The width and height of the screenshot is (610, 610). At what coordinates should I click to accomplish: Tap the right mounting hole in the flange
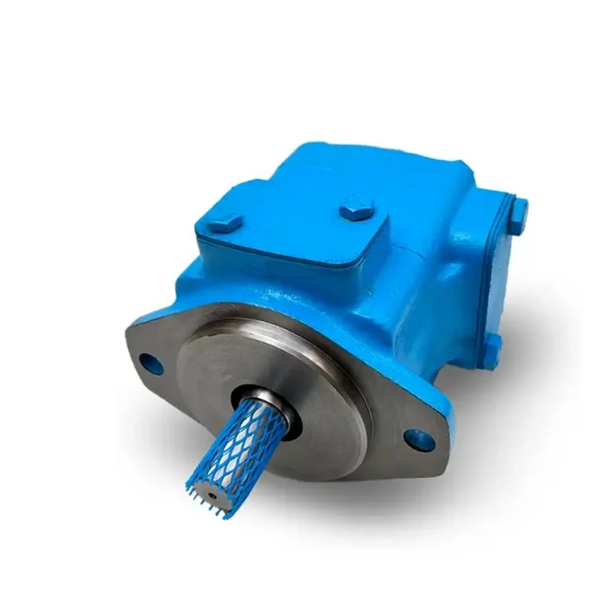[x=420, y=438]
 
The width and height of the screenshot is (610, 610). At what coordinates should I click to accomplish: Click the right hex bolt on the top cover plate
[x=357, y=208]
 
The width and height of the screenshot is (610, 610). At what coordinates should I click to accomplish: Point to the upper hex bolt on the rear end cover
[x=519, y=210]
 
